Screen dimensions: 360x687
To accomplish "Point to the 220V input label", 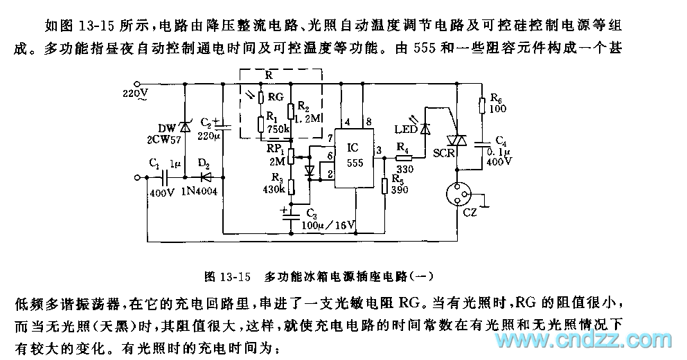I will (136, 92).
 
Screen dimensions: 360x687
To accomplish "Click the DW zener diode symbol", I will (185, 126).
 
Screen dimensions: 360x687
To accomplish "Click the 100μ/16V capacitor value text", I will (328, 225).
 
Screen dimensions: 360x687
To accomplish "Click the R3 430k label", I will (274, 184).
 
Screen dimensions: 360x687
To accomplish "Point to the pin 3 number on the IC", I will (378, 148).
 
